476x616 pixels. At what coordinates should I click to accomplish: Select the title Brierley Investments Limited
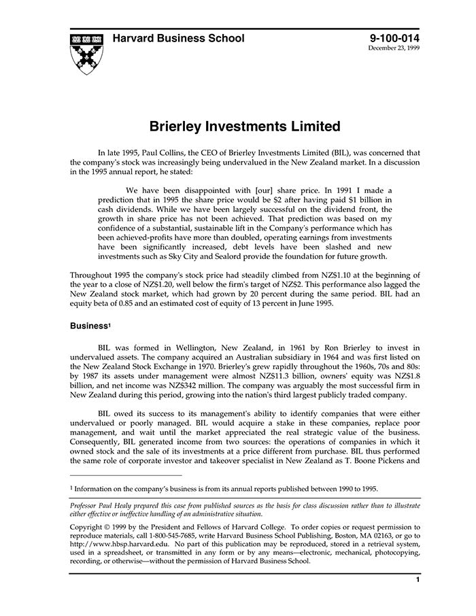[245, 126]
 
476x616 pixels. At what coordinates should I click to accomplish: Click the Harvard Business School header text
[178, 39]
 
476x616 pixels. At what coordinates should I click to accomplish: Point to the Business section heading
[88, 326]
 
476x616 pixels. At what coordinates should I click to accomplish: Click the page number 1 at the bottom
[418, 579]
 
